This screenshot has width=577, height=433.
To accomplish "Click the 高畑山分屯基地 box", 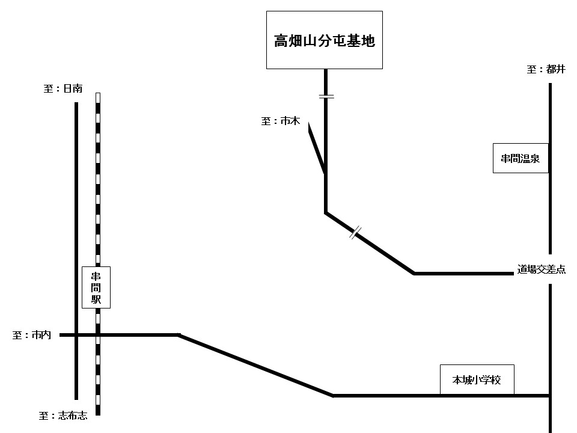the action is [x=324, y=40].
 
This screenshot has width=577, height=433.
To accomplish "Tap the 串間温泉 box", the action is [x=521, y=158].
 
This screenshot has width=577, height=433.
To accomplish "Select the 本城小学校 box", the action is [x=477, y=379].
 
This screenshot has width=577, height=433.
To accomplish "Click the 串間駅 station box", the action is [x=96, y=287].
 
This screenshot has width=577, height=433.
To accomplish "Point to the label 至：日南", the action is [x=63, y=88].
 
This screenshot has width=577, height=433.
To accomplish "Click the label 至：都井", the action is [x=546, y=69].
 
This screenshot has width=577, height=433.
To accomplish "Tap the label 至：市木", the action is [x=281, y=121].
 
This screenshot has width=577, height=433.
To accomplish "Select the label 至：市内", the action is [x=32, y=335].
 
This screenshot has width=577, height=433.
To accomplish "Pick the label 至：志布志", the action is [x=63, y=416].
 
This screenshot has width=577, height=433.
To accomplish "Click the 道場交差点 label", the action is [x=542, y=269].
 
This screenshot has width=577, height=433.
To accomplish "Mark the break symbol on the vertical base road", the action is [x=326, y=96].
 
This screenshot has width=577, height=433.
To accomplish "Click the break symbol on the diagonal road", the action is [x=355, y=233].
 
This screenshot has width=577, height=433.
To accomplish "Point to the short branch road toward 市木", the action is [x=317, y=149].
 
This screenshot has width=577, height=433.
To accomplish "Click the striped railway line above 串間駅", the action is [x=98, y=180].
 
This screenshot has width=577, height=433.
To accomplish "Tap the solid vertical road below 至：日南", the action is [x=76, y=251].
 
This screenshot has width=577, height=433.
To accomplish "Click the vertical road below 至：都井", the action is [x=550, y=168].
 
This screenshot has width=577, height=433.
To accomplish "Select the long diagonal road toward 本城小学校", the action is [x=255, y=365].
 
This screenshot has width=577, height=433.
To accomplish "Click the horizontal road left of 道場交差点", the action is [x=463, y=274].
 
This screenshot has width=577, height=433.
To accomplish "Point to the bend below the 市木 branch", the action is [x=326, y=212].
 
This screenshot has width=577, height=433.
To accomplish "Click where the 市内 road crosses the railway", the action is [x=98, y=335].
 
